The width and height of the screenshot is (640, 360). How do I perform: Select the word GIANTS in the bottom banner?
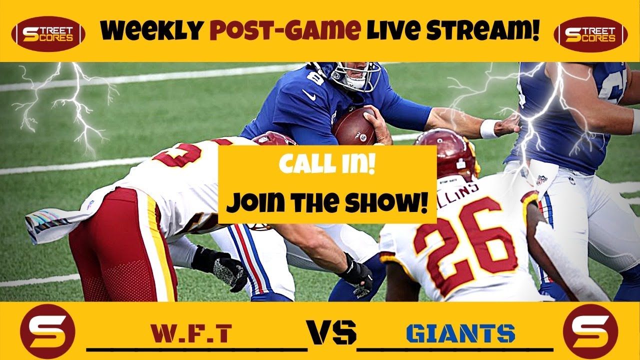460,333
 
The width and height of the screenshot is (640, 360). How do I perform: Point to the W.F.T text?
191,333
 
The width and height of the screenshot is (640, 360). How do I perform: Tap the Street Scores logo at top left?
48,34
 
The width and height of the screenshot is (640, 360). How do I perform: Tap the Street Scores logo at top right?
590,34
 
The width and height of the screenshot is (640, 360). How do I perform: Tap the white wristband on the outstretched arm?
489,128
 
